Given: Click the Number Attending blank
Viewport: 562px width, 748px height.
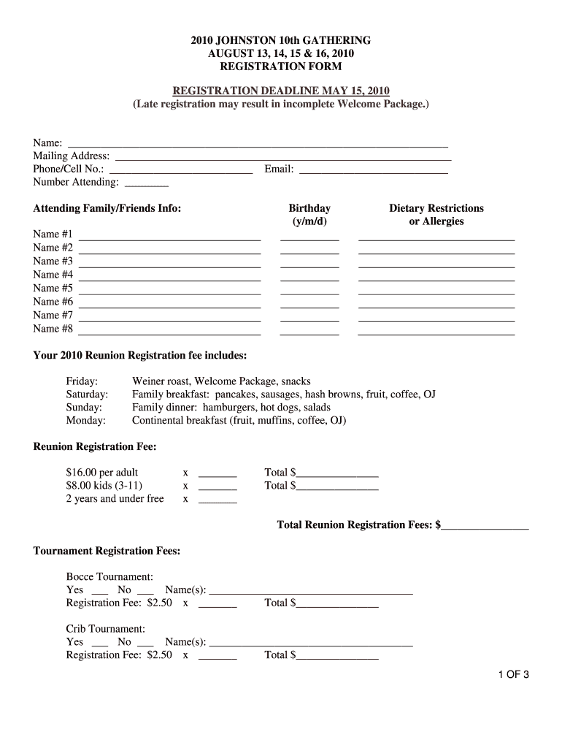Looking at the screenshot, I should point(147,184).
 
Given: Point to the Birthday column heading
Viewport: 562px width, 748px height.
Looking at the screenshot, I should point(309,208).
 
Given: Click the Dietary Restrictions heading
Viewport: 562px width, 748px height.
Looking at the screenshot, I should point(436,208).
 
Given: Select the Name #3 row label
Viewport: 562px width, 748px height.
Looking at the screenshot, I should point(53,261).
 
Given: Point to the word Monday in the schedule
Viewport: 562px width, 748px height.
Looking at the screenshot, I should point(86,421).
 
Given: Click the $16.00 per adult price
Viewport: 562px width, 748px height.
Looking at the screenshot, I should point(102,473).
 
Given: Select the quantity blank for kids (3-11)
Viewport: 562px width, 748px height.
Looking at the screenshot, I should point(218,488).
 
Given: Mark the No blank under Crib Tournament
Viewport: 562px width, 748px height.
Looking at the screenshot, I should point(146,644).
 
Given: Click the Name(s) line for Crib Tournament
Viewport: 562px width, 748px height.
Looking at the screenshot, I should point(311,644).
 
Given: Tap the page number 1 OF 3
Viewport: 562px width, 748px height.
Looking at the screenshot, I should point(514,675).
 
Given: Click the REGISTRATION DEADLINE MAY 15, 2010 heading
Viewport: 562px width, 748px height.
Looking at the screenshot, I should point(281,91).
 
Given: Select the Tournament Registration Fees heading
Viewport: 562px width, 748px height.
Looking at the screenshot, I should point(107,551).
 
